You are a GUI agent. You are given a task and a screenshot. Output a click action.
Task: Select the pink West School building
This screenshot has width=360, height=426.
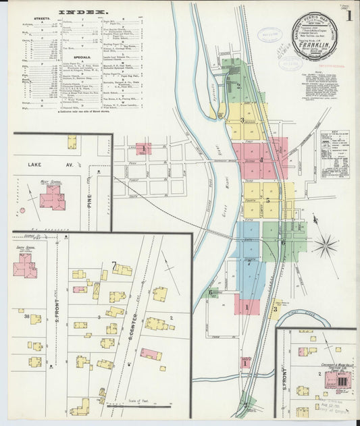[51, 198]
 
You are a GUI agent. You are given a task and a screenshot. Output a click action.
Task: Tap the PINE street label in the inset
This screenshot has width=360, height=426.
[88, 200]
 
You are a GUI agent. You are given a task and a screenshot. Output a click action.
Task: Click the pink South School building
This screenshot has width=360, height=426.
[24, 265]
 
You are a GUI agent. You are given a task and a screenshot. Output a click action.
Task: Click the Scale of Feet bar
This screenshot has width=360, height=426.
[138, 406]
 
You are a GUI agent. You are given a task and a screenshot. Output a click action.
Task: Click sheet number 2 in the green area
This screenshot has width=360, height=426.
[238, 86]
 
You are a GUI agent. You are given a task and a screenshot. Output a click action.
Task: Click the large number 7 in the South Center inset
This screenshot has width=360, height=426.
[114, 265]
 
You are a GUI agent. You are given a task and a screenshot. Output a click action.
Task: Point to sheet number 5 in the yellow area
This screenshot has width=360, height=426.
[267, 200]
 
